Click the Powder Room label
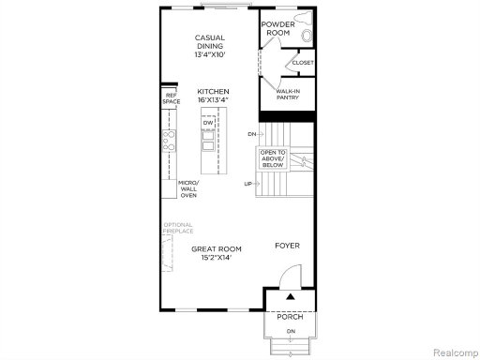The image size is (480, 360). coord(277,28)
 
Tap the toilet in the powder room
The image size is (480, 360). coord(305,17)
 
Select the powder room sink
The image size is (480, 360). coord(307,36)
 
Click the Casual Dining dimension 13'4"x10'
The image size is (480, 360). coord(210,54)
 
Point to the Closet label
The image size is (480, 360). coord(303,63)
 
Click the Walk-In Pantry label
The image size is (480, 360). coord(288,95)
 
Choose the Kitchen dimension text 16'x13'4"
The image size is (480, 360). coord(213,100)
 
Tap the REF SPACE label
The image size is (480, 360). coord(172,98)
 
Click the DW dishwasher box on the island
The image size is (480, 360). coord(208,123)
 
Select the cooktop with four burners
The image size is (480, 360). coord(169,141)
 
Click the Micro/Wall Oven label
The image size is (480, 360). coord(188,188)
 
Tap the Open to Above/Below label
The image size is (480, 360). coord(273,158)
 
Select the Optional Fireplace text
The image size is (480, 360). coord(178,228)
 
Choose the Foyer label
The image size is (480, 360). coord(287,246)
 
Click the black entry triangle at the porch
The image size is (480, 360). coord(291,296)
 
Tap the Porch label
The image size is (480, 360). coord(290,317)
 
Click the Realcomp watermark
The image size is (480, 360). coord(456,352)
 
